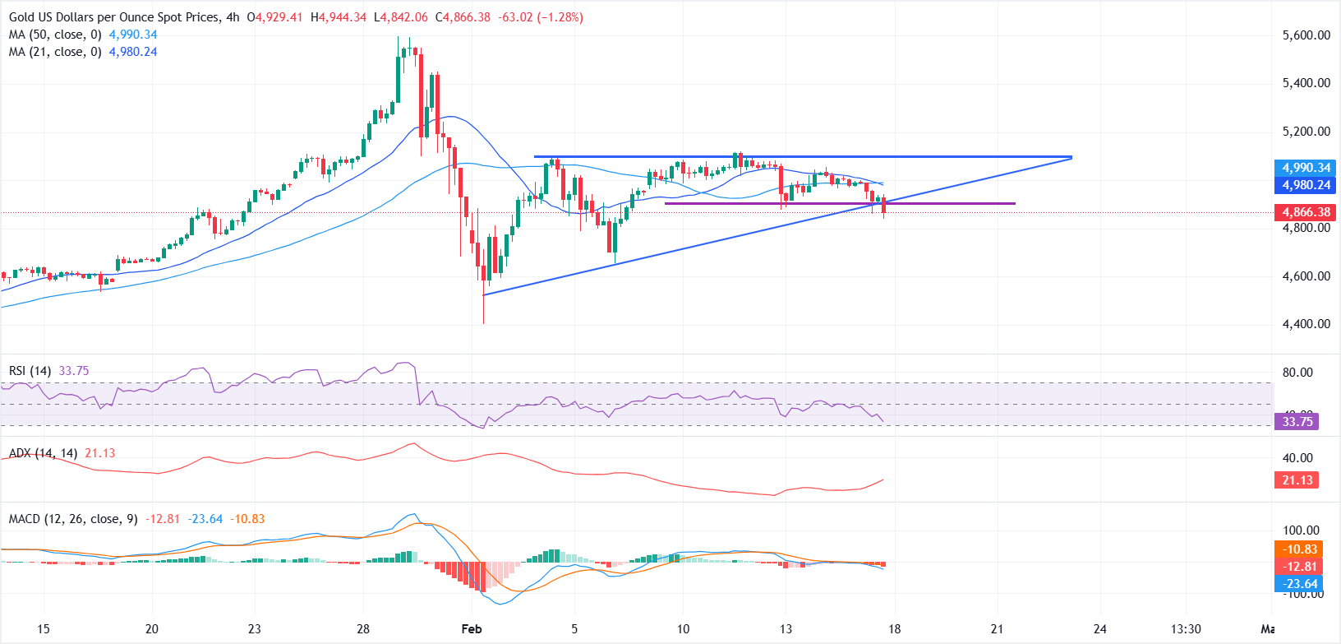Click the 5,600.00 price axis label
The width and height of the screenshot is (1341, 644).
pos(1306,35)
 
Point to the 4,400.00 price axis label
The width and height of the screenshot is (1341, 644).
pos(1306,324)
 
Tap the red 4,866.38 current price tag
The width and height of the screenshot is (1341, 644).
pos(1306,212)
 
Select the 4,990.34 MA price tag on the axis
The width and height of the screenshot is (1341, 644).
pos(1306,168)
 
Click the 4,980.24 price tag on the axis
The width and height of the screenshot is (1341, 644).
pos(1306,185)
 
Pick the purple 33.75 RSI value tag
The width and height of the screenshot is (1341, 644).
pos(1297,422)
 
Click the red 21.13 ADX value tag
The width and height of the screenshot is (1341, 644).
pos(1297,480)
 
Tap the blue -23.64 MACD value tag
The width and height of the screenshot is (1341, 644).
pos(1300,584)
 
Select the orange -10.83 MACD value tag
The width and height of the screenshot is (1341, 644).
pos(1300,549)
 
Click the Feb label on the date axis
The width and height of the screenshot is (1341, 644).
pos(472,629)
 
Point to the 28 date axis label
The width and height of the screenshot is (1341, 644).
pos(363,629)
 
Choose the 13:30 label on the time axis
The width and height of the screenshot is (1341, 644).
pos(1186,629)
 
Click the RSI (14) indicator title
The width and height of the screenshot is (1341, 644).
pos(30,371)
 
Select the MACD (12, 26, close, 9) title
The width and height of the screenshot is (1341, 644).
pos(73,519)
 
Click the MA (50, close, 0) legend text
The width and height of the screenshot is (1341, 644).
pos(55,35)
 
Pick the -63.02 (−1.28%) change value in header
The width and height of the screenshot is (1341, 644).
pos(540,17)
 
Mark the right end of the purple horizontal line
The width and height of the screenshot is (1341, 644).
pos(1015,203)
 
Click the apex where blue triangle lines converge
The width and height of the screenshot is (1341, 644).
pos(1071,157)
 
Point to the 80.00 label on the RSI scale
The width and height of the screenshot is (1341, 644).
pos(1297,373)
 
